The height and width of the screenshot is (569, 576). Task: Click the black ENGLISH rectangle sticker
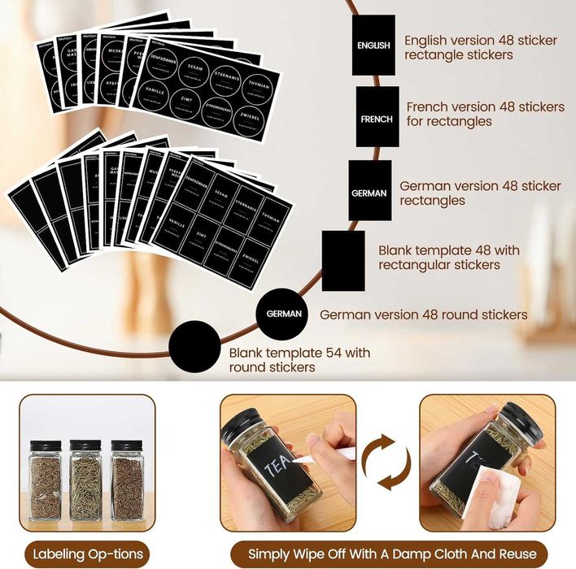(373, 46)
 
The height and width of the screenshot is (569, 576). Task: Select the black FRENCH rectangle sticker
(377, 117)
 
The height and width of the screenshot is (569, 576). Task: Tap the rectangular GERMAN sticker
(369, 191)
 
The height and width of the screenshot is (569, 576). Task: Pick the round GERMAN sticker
(283, 313)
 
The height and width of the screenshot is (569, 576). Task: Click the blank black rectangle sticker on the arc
(343, 261)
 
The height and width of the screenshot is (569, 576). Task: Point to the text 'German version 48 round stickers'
(424, 315)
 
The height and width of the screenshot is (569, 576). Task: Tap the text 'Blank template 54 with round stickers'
(299, 360)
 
